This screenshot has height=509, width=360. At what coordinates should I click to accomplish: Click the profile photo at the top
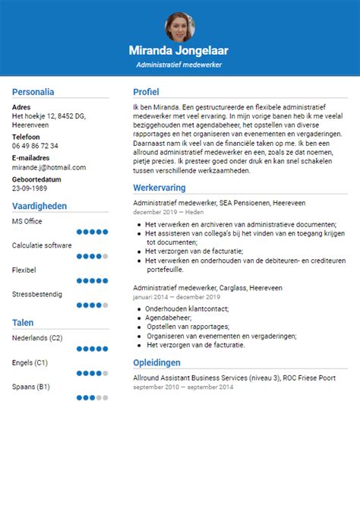pyautogui.click(x=179, y=27)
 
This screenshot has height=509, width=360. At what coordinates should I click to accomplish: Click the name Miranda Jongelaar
pyautogui.click(x=180, y=52)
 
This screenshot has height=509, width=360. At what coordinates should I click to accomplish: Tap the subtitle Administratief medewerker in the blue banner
pyautogui.click(x=180, y=65)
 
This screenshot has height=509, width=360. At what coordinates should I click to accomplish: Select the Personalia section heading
pyautogui.click(x=33, y=92)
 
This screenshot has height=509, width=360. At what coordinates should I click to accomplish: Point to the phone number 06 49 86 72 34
pyautogui.click(x=35, y=146)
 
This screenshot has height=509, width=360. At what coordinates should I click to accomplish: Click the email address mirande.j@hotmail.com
pyautogui.click(x=49, y=167)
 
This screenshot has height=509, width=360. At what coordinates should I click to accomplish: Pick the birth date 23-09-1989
pyautogui.click(x=30, y=188)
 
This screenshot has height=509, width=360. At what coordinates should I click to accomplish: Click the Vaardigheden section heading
pyautogui.click(x=39, y=206)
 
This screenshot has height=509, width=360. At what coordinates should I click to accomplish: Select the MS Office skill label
pyautogui.click(x=27, y=221)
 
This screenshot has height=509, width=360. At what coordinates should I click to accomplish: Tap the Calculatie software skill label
pyautogui.click(x=42, y=245)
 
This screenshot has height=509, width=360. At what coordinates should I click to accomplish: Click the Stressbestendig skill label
pyautogui.click(x=37, y=293)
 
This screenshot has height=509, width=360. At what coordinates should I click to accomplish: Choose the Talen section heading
pyautogui.click(x=23, y=323)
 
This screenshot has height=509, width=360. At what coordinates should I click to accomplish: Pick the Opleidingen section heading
pyautogui.click(x=156, y=362)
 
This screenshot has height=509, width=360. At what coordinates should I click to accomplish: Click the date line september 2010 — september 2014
pyautogui.click(x=183, y=387)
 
